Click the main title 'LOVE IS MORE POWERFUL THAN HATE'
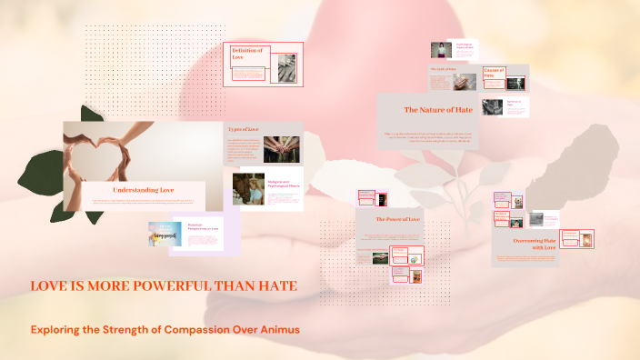click(164, 286)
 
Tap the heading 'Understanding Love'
click(143, 190)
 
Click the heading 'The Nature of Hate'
click(438, 110)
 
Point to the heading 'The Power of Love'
click(398, 219)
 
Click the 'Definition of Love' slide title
click(247, 54)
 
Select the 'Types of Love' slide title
click(244, 130)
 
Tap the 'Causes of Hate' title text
click(495, 73)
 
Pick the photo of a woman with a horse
click(251, 189)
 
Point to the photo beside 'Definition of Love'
click(286, 66)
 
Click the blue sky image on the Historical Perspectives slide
click(166, 235)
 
